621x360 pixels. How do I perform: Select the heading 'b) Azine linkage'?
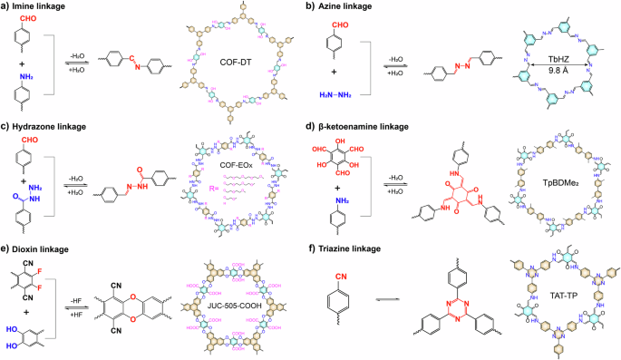tap(349, 7)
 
